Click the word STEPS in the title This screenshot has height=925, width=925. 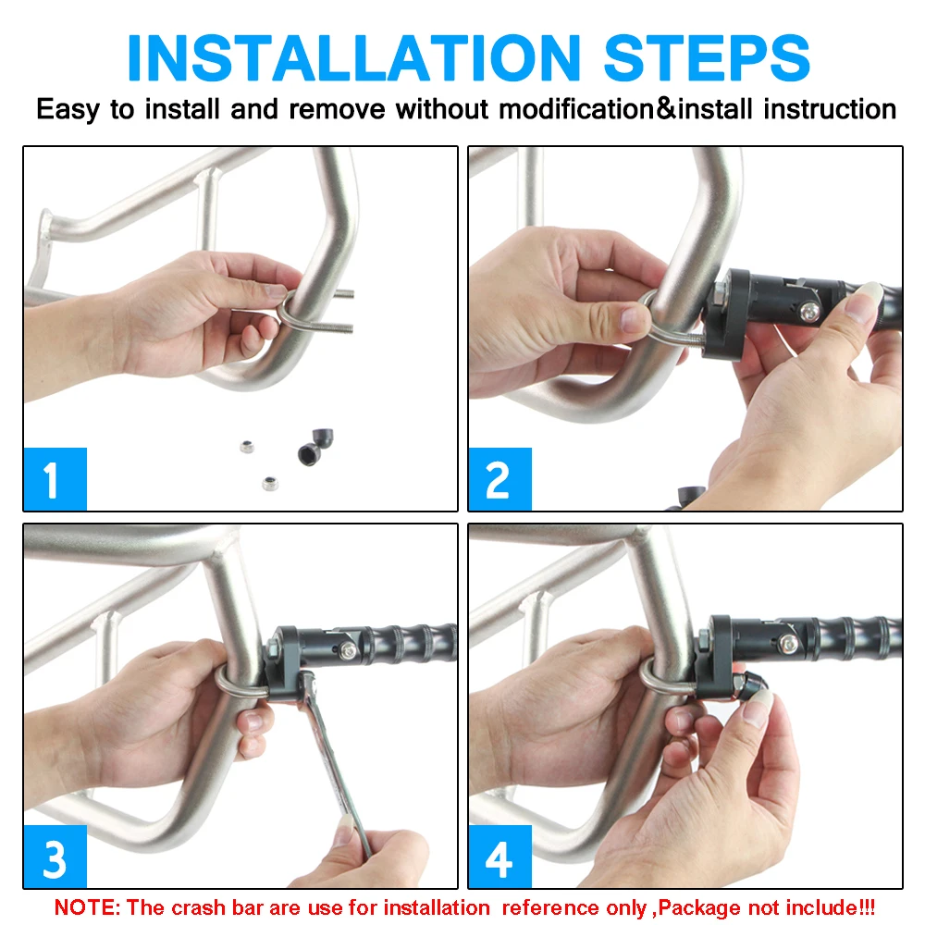pos(707,57)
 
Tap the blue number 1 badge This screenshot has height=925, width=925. pos(55,478)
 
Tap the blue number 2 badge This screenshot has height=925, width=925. pos(499,478)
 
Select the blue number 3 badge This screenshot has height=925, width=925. pos(55,857)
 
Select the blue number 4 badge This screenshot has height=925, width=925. pos(499,857)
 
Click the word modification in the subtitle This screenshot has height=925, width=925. pos(576,109)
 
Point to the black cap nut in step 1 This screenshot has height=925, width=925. pos(315,447)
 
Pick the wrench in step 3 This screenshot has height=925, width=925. pos(333,761)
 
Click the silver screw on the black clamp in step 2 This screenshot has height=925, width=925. pos(809,312)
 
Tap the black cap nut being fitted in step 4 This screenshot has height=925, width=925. pos(750,685)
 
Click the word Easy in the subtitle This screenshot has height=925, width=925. pos(68,110)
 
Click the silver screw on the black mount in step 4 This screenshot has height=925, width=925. pos(787,644)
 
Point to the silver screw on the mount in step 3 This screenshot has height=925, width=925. pos(348,650)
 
